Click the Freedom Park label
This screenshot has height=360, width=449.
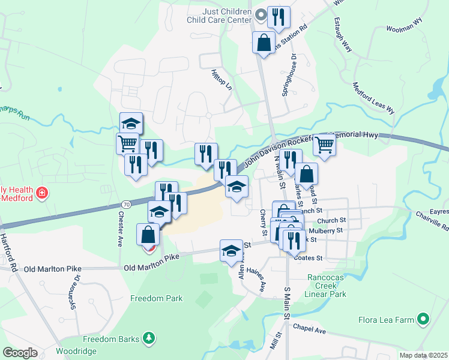(x=157, y=298)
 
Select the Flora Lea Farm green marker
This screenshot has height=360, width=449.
(x=424, y=319)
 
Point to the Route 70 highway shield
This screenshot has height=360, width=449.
(x=126, y=205)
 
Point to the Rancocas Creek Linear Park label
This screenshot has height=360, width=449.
(x=327, y=286)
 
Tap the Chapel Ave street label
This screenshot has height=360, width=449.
(x=310, y=329)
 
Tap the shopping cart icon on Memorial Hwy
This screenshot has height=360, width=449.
(x=324, y=145)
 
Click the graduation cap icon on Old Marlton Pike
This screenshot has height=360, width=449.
(x=231, y=251)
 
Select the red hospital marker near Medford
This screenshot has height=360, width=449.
(x=42, y=193)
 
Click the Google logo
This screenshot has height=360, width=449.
(x=20, y=353)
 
